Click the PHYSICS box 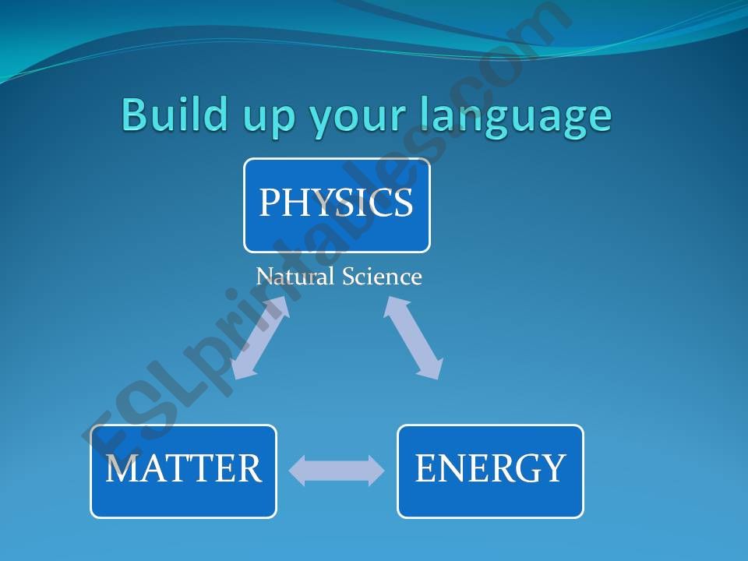337,206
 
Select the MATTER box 183,471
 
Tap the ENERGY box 490,471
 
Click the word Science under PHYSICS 382,277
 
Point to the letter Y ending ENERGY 553,469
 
